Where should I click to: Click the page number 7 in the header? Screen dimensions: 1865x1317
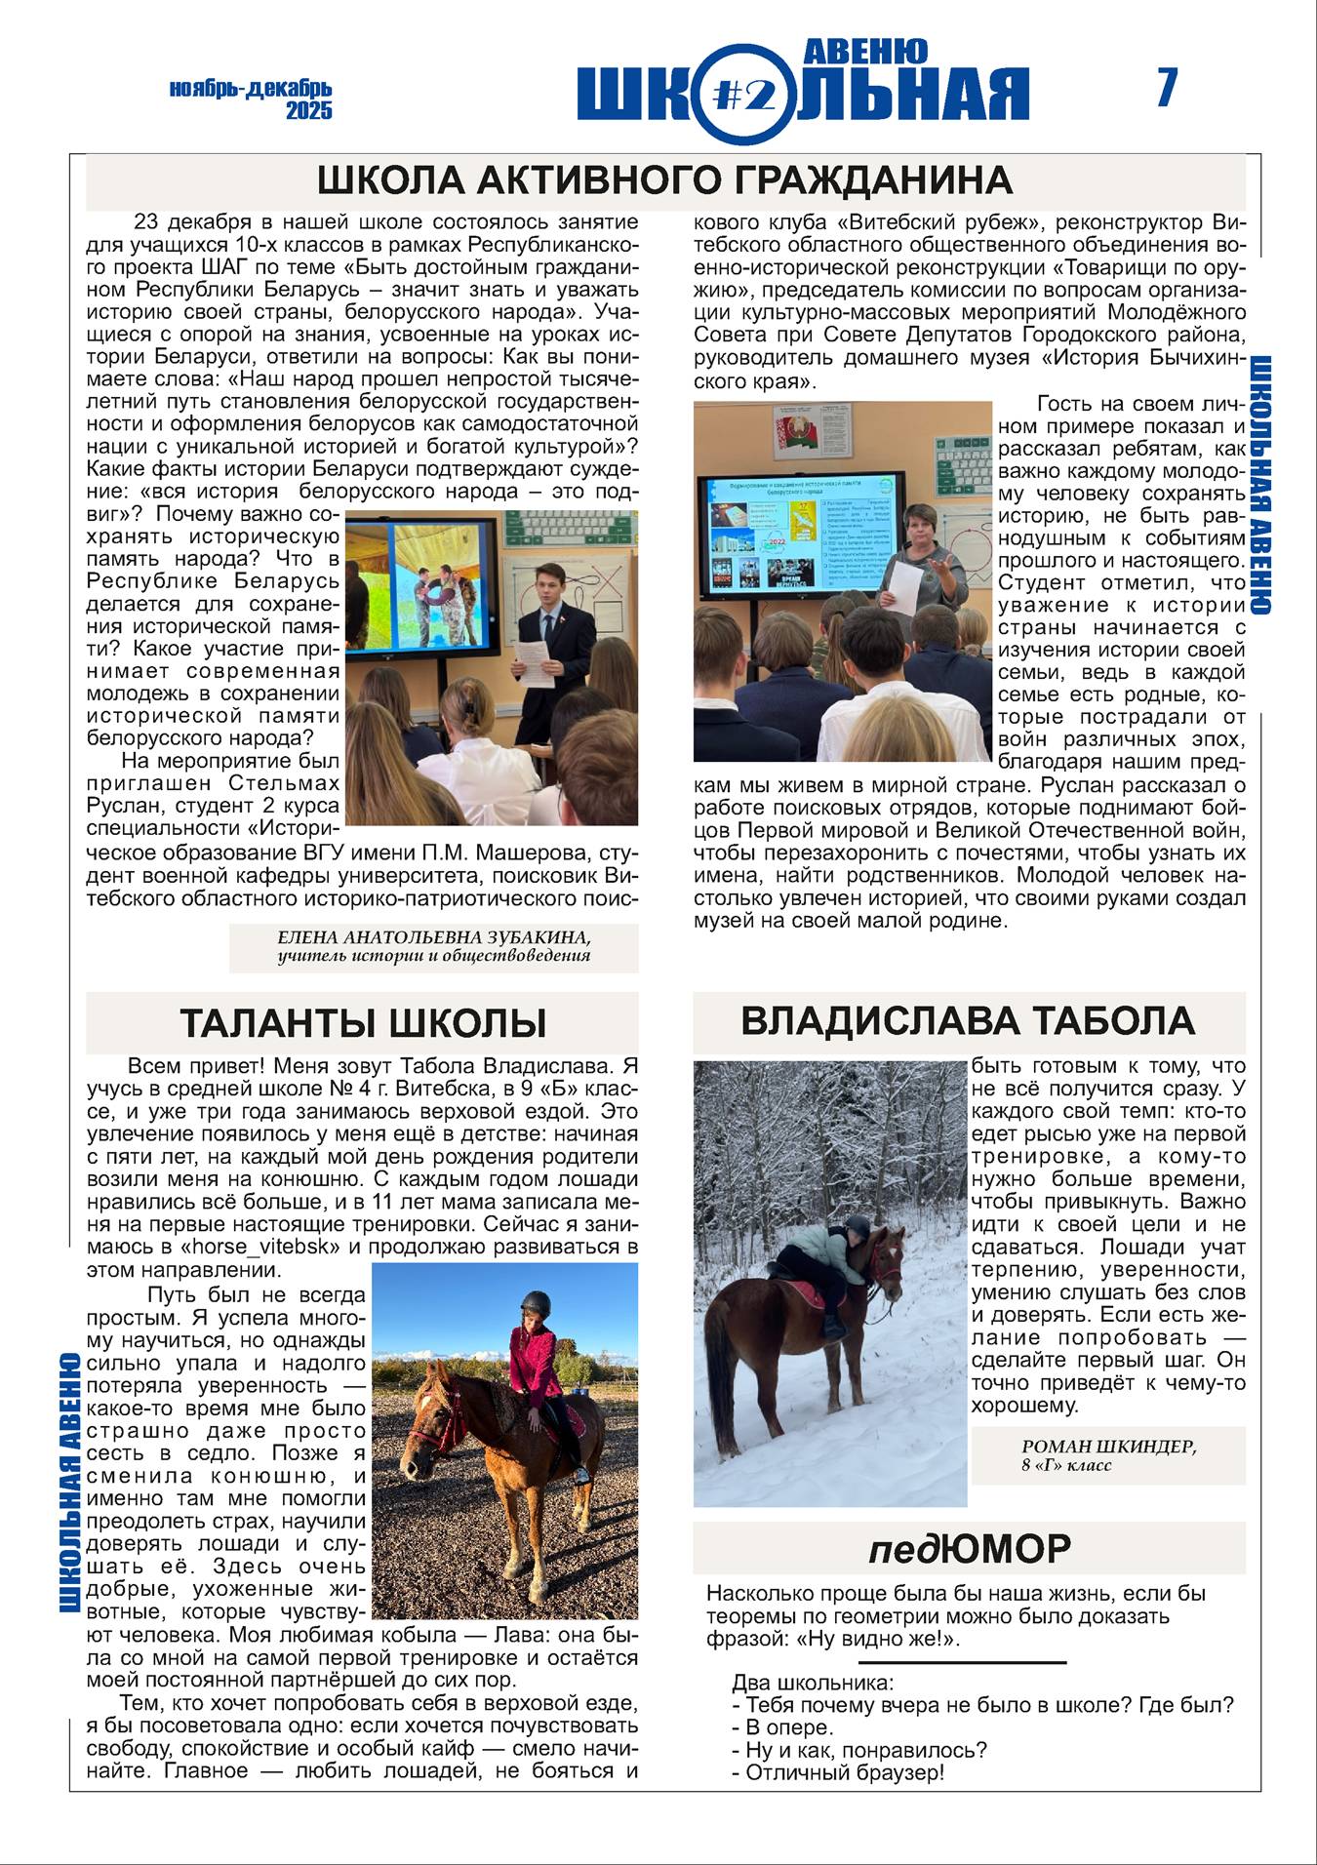point(1167,89)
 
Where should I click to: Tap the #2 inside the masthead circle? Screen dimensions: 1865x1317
point(744,94)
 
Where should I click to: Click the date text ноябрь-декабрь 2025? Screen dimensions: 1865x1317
point(252,99)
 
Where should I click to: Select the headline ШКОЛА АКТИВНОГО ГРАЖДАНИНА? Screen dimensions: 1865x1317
point(664,181)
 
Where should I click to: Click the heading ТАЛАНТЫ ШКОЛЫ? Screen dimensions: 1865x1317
point(362,1023)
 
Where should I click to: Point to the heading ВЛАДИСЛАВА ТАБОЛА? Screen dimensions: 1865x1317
point(968,1021)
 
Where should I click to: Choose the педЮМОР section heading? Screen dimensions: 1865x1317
point(969,1548)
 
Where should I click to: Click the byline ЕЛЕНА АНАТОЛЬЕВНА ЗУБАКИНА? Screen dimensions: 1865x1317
point(434,937)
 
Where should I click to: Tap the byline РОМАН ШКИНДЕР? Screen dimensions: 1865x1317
point(1108,1447)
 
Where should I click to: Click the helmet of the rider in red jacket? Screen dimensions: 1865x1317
point(536,1303)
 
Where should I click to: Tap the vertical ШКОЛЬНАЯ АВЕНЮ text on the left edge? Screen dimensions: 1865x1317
point(69,1482)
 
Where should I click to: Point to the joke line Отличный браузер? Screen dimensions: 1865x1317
point(837,1772)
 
